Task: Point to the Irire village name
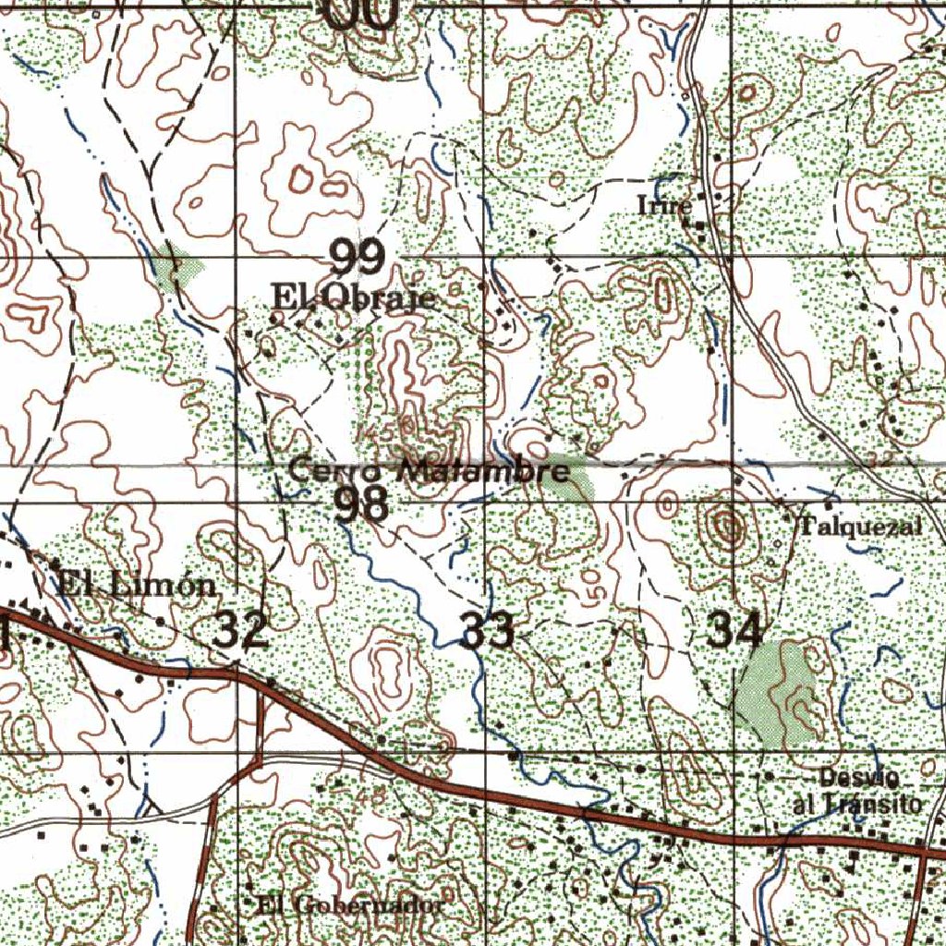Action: point(663,205)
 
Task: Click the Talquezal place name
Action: point(860,527)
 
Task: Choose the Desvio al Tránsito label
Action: point(857,790)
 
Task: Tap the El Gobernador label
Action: point(350,905)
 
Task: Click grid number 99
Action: point(358,257)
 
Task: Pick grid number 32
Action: point(241,630)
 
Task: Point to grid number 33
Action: point(487,631)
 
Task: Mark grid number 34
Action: point(734,631)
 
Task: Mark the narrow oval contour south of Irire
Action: point(662,294)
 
